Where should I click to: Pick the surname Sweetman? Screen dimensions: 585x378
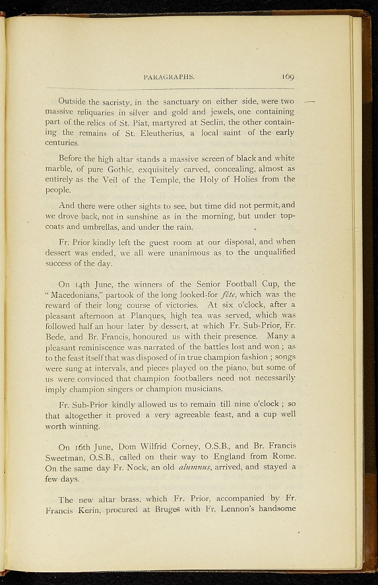coord(66,456)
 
